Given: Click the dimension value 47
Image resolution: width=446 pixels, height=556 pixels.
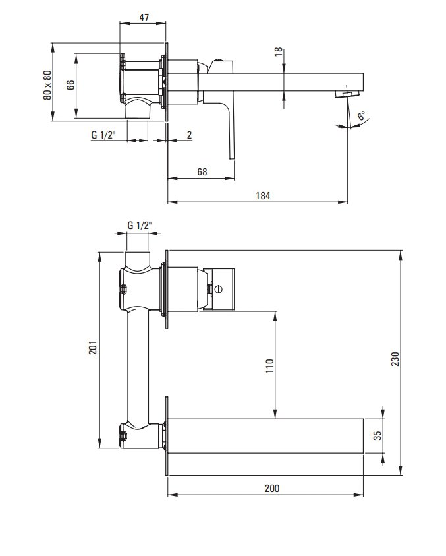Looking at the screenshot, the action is pos(144,17).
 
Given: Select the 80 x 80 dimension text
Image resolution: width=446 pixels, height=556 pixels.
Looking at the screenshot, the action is pos(47,85).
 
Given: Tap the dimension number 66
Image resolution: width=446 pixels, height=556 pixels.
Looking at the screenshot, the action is pos(70,85).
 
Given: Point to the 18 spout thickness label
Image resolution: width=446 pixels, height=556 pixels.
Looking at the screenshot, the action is pos(279,51).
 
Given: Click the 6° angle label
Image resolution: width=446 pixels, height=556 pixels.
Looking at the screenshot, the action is pos(361,116).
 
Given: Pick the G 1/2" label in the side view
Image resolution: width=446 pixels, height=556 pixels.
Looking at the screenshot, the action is pos(103,135).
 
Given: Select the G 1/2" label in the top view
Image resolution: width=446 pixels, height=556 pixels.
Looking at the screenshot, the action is pos(140,225).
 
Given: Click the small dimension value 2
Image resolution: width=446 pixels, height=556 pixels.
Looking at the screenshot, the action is pos(190,135).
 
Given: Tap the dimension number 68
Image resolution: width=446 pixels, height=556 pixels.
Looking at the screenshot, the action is pos(202,172).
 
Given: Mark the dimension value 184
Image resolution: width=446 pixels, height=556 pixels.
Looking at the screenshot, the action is pos(263,196).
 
